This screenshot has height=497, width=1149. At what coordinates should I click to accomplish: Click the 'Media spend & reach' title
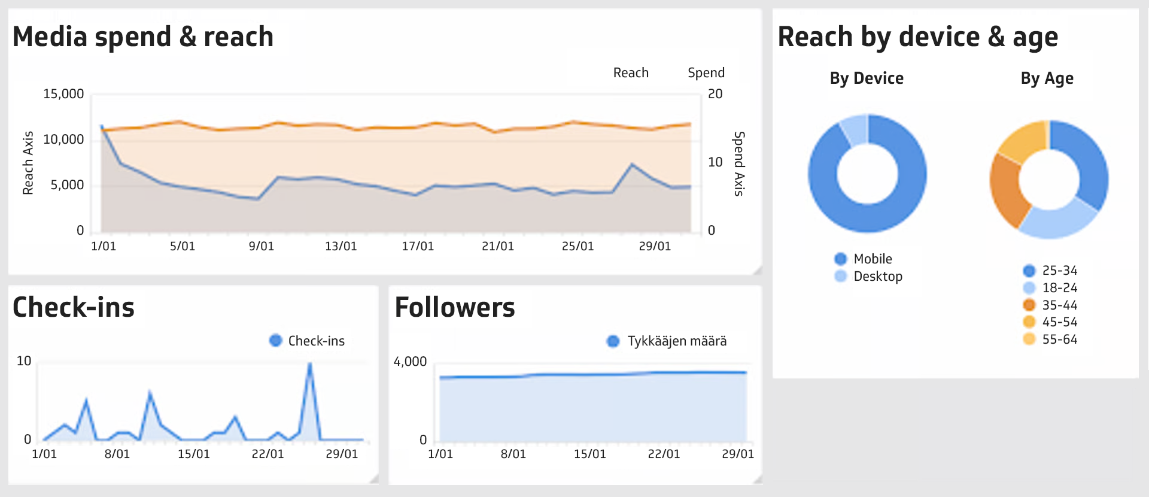coord(143,37)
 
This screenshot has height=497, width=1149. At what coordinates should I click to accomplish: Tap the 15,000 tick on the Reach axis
coord(63,94)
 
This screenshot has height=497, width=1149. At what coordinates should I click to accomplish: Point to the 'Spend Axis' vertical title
coord(739,163)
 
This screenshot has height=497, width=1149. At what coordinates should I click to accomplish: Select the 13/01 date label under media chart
coord(341,246)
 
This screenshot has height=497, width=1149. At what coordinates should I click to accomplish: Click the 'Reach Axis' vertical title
coord(28,163)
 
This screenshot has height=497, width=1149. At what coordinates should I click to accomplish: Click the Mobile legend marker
coord(841,259)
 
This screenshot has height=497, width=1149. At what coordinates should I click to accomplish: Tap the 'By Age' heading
coord(1047,78)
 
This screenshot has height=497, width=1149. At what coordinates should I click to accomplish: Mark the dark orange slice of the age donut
coord(1007,190)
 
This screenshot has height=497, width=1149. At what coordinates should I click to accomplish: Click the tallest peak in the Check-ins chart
coord(309,364)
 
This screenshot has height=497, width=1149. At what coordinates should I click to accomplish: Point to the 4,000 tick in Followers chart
coord(410,362)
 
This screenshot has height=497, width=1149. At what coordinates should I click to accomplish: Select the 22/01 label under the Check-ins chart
coord(268,454)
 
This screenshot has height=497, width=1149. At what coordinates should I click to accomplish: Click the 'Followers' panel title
coord(455,308)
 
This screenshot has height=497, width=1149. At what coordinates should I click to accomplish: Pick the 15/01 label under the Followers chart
coord(589,454)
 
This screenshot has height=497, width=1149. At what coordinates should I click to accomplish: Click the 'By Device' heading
coord(867,78)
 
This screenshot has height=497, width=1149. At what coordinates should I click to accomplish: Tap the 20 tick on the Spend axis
coord(715,94)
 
